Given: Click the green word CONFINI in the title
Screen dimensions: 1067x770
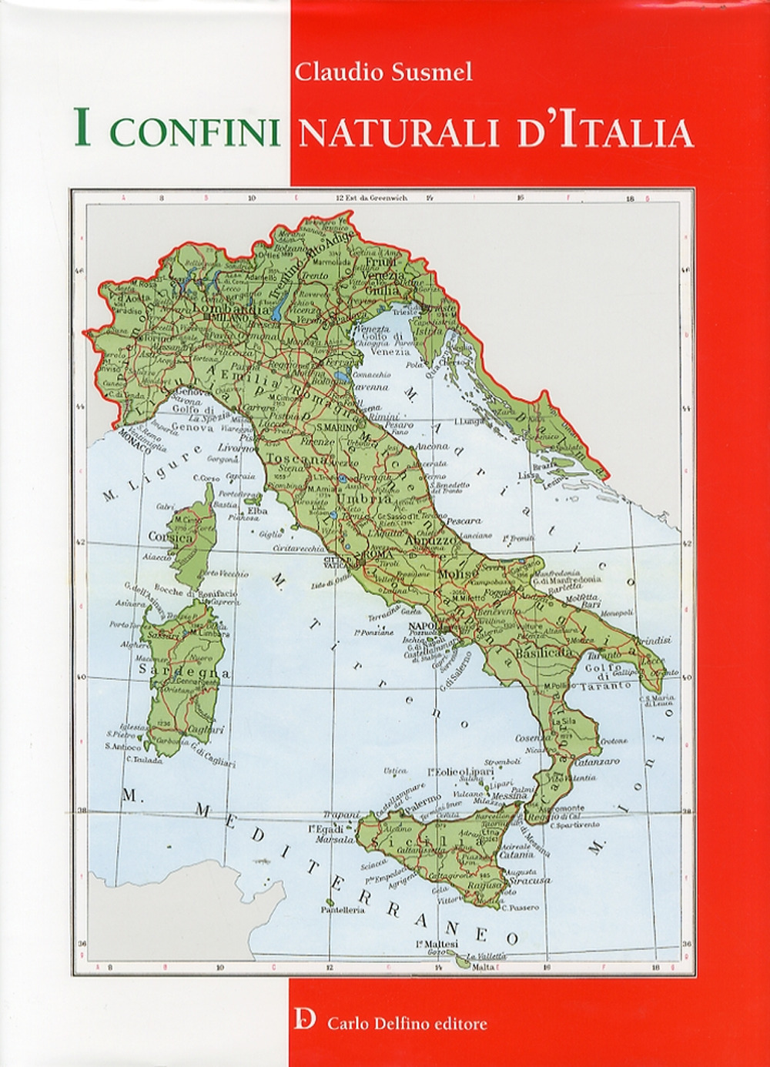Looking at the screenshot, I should point(196,131).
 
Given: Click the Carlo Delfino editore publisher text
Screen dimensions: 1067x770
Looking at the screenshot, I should point(407,1023).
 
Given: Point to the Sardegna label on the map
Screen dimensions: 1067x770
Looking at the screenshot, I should point(184,671).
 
